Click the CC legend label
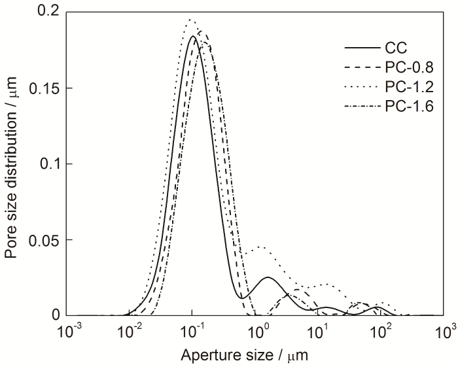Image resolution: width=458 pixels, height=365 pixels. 396,47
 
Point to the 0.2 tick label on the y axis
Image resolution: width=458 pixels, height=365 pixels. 46,12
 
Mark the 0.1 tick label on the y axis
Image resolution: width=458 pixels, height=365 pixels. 46,164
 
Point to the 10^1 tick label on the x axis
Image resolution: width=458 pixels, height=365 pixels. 321,330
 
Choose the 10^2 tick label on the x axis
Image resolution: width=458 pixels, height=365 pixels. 384,330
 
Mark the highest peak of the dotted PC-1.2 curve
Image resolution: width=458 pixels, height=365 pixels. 190,20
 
